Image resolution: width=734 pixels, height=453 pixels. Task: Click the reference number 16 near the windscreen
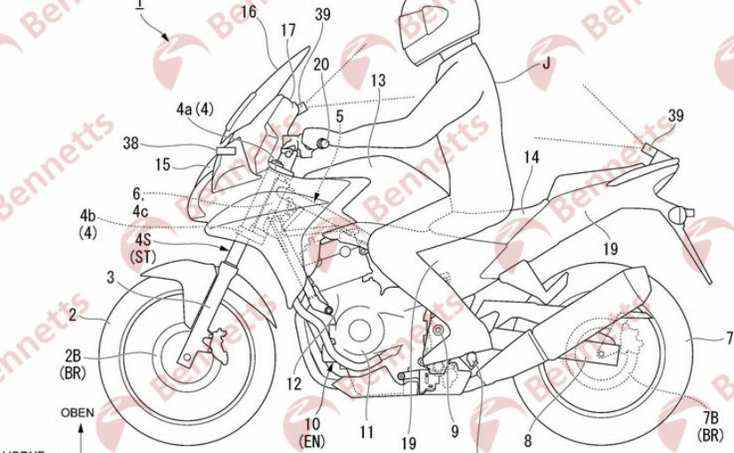pos(249,12)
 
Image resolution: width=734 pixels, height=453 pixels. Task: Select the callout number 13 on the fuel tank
pos(379,81)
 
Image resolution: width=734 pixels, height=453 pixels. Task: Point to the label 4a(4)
pos(195,110)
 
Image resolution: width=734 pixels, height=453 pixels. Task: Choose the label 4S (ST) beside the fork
pos(142,249)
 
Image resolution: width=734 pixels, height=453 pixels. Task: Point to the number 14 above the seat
pos(532,156)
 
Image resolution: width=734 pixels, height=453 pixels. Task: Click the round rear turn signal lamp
pos(683,214)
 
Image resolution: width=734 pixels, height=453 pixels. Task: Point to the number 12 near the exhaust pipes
pos(294,384)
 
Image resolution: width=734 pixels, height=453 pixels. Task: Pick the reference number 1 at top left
pos(139,5)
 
